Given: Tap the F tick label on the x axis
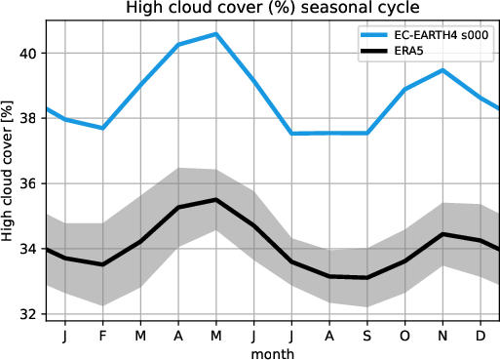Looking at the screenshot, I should pos(102,335).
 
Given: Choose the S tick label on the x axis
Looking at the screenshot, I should pos(367,335).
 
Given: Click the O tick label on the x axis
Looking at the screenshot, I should pos(405,335).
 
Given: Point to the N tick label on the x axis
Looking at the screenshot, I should pos(443,335).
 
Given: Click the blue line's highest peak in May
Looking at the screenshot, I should pos(215,34).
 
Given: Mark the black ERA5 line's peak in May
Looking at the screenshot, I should pos(215,200).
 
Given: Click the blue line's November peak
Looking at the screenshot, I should pos(443,70).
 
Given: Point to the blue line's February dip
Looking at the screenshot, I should pos(102,128).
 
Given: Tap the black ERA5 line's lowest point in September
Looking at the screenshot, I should pos(367,278).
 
